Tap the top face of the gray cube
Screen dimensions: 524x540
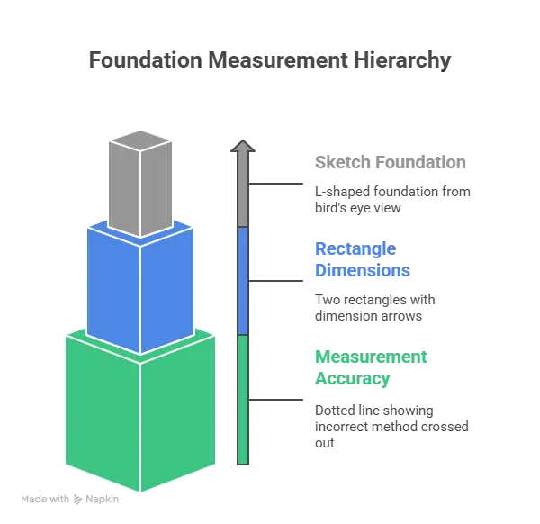click(140, 140)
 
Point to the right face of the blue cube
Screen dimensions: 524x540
click(167, 286)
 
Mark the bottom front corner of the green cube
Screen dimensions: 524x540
click(140, 492)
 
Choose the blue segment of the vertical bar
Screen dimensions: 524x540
click(243, 279)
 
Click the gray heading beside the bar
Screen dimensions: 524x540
click(389, 164)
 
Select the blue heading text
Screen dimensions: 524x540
click(360, 260)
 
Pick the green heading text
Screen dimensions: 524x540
click(369, 367)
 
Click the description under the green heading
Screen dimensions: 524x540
click(391, 423)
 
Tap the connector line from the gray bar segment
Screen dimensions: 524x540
click(279, 185)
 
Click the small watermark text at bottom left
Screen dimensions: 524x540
click(70, 496)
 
